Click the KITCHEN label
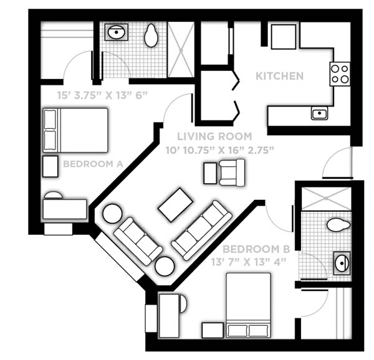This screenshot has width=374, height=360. click(279, 76)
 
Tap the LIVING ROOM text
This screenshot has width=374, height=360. click(214, 136)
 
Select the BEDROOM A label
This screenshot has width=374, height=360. click(93, 164)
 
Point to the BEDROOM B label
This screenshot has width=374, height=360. click(256, 249)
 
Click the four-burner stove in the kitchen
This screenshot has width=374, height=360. click(340, 74)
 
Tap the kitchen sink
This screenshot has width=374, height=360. click(319, 113)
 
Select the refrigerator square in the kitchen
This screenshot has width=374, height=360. click(284, 37)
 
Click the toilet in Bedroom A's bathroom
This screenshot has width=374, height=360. click(151, 36)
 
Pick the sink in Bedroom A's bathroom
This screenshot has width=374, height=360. click(117, 32)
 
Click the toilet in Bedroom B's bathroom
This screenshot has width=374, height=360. click(338, 225)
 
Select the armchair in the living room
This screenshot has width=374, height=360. click(232, 173)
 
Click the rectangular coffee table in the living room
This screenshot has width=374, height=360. click(175, 205)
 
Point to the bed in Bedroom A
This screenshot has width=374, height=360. click(75, 130)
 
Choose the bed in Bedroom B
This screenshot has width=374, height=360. click(248, 305)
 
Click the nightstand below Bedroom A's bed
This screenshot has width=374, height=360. click(50, 166)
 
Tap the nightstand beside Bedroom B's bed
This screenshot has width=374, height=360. click(213, 330)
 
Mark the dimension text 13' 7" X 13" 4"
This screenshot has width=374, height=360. click(249, 262)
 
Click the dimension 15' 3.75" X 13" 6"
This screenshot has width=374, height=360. click(103, 95)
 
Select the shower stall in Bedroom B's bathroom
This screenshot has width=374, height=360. click(326, 199)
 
